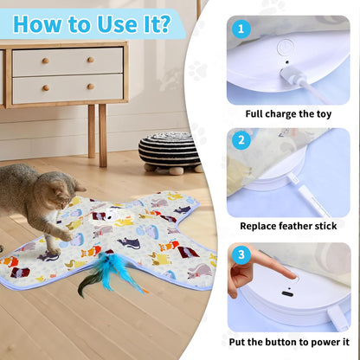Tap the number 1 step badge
241,29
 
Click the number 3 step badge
241,255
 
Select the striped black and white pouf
169,151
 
